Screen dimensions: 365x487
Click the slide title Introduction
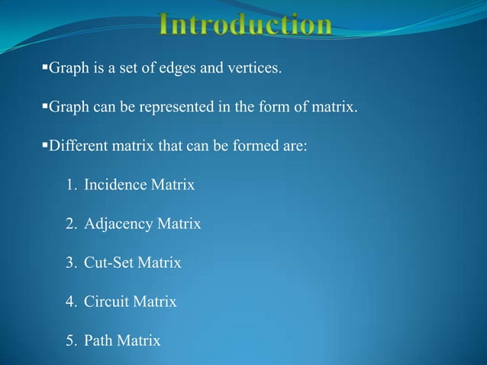point(246,25)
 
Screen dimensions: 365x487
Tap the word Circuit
point(107,302)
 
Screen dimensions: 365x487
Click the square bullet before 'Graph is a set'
point(44,69)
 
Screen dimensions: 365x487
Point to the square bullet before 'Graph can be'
point(44,106)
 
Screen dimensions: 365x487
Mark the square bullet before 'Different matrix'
point(44,144)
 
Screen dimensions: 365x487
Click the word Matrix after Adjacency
point(179,224)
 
